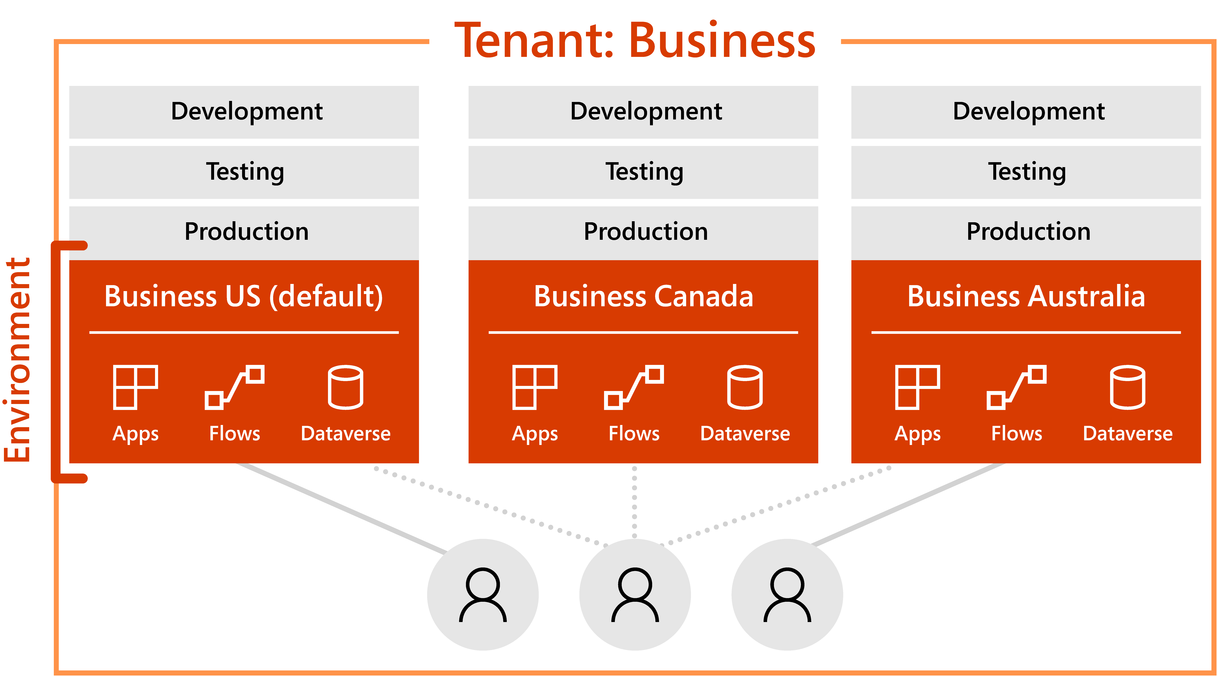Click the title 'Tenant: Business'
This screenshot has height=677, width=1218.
click(635, 42)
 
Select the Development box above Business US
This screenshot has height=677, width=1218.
click(244, 112)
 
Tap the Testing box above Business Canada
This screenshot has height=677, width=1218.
click(643, 172)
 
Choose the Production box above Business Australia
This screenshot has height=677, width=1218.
click(1026, 232)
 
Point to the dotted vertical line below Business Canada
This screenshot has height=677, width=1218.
click(635, 501)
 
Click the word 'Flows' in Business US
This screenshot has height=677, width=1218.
click(235, 434)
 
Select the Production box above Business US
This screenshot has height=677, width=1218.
click(244, 232)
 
